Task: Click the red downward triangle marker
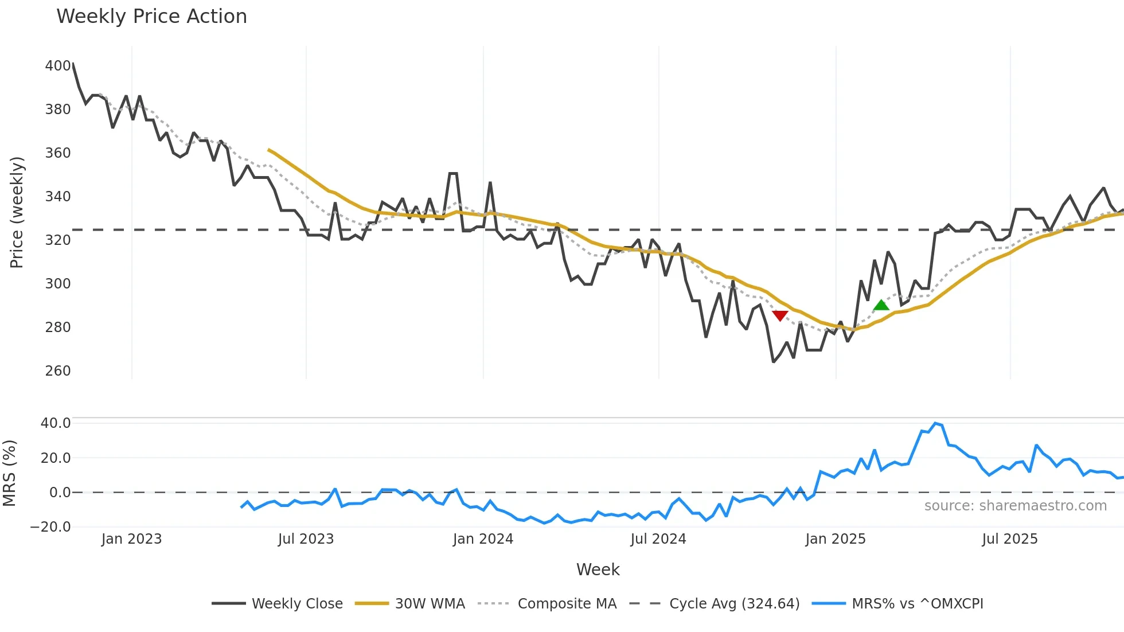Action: point(780,315)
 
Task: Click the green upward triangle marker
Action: point(881,305)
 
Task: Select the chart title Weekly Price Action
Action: point(151,17)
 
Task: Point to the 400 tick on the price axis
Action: point(58,66)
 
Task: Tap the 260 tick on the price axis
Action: point(58,371)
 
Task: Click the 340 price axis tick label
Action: point(58,197)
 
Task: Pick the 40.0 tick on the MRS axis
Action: point(56,423)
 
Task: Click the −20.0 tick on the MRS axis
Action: point(50,527)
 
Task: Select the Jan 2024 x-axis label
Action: point(483,539)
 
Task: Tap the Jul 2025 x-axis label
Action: point(1010,539)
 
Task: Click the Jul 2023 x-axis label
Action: point(306,539)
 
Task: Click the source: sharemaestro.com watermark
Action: point(1015,506)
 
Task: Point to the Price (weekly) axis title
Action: point(17,212)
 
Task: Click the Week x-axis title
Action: point(598,569)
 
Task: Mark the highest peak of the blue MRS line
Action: point(935,423)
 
